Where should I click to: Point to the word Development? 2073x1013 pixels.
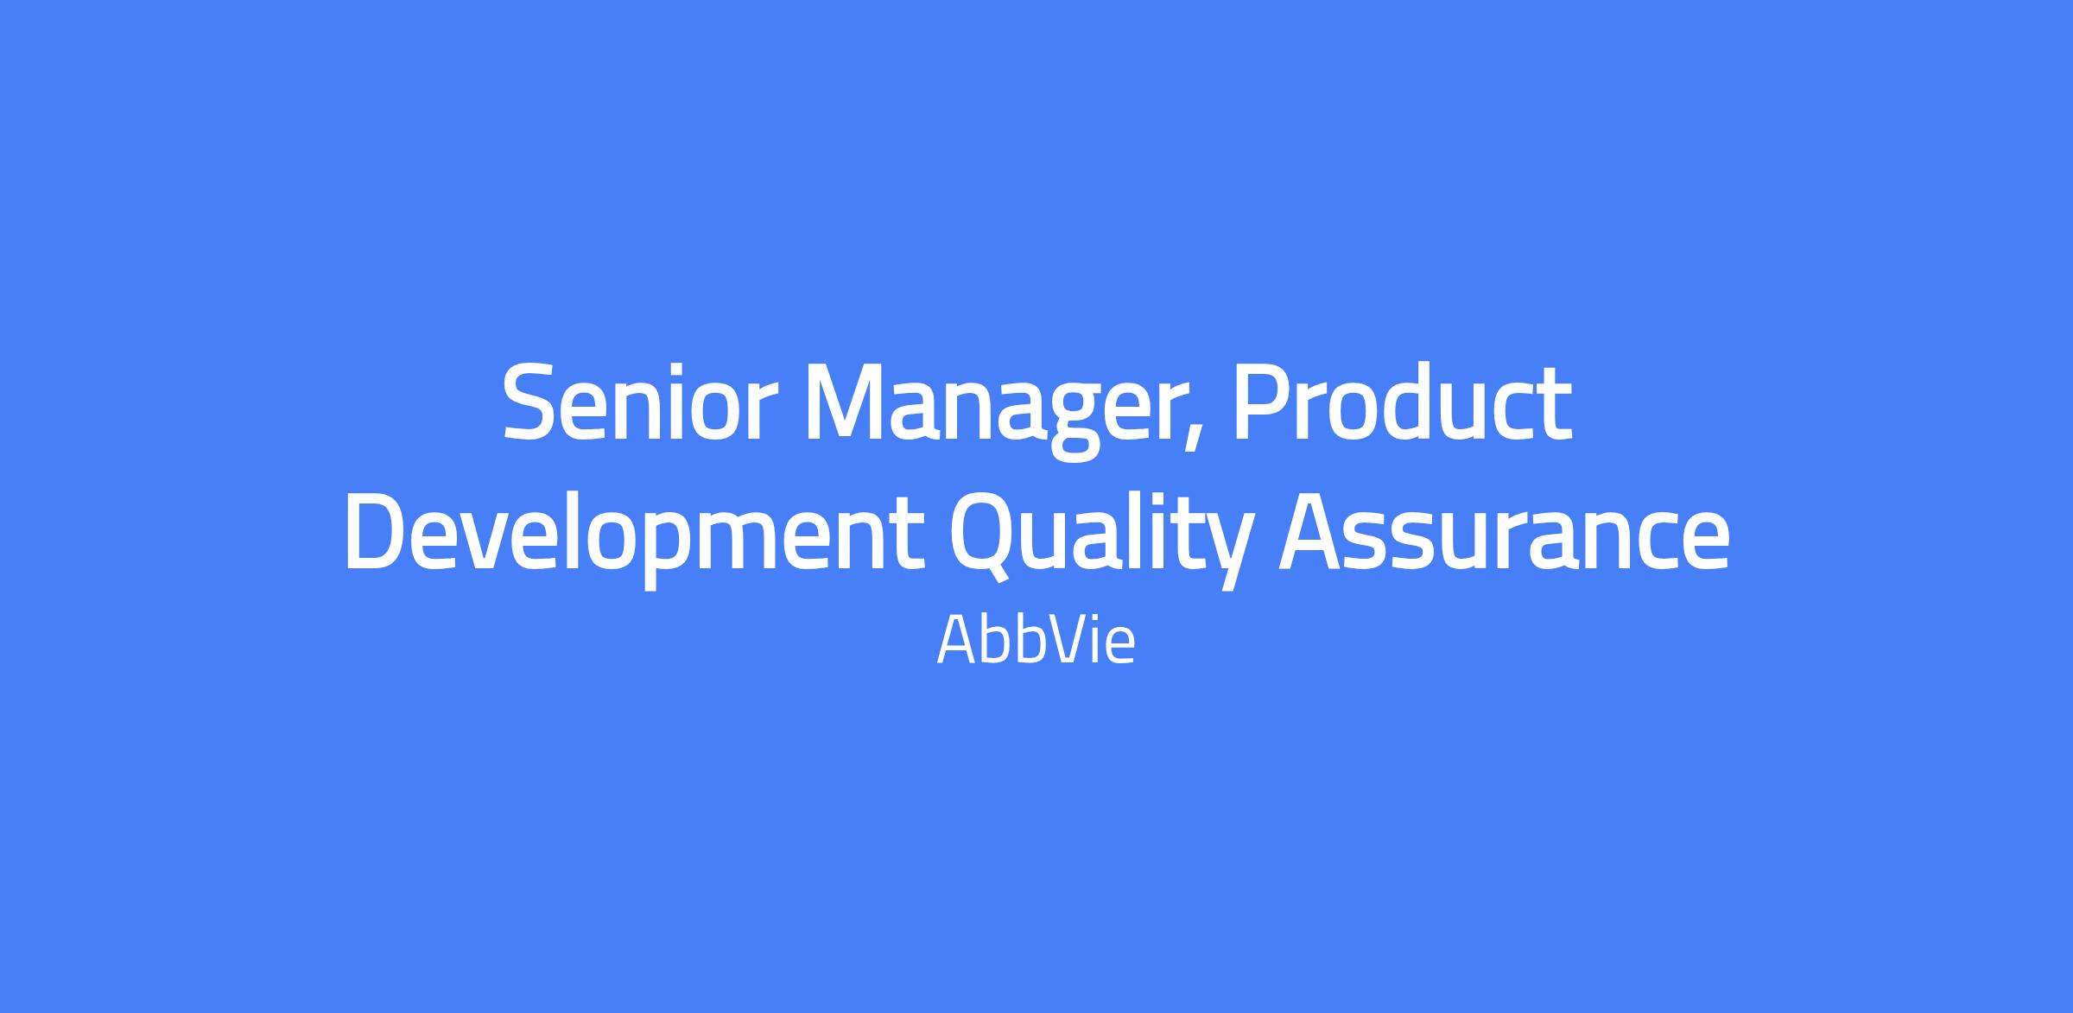[635, 535]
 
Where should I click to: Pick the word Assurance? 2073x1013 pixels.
[1504, 535]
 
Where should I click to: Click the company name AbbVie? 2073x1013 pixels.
[1036, 642]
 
